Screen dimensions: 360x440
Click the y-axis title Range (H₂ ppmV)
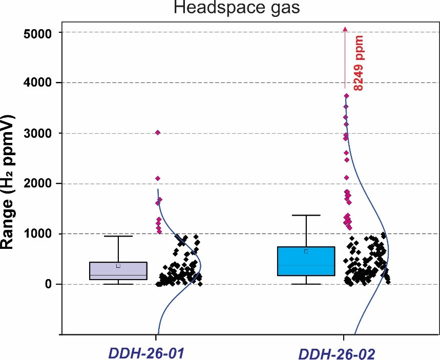(x=9, y=182)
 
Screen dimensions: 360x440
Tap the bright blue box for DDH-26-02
(x=306, y=261)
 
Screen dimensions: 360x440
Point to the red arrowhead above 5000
(x=345, y=29)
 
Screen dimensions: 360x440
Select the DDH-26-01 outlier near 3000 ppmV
(x=158, y=133)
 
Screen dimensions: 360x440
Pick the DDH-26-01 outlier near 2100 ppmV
(x=158, y=178)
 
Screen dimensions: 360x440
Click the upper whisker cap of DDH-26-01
(x=118, y=236)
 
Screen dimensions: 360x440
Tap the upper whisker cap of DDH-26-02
(x=306, y=215)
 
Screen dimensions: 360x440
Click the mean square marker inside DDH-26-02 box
(x=306, y=251)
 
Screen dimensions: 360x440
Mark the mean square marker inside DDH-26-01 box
(x=118, y=266)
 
